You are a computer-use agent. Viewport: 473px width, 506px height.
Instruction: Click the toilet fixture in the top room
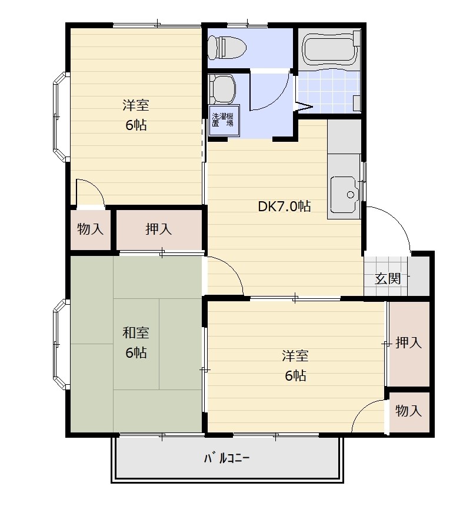(x=227, y=47)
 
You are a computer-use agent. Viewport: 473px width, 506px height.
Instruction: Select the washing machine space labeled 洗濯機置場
(x=223, y=120)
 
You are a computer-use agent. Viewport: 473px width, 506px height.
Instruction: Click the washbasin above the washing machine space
(x=222, y=88)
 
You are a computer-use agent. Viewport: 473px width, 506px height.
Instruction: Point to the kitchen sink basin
(x=345, y=195)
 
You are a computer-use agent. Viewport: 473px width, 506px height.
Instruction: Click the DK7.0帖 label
(x=284, y=206)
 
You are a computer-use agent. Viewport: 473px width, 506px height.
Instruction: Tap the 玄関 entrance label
(x=388, y=278)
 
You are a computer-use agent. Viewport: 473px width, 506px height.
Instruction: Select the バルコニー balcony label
(x=227, y=458)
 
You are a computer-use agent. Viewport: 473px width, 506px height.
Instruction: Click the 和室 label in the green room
(x=136, y=332)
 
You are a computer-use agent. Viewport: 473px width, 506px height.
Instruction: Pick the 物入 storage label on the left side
(x=91, y=229)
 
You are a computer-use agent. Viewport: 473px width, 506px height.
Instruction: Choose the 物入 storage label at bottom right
(x=408, y=411)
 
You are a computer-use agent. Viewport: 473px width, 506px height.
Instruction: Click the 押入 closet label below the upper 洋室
(x=158, y=229)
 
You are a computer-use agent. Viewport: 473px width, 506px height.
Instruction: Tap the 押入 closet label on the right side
(x=408, y=342)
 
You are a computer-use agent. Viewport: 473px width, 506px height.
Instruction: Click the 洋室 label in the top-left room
(x=136, y=105)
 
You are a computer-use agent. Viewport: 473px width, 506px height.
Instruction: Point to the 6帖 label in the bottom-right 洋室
(x=295, y=375)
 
